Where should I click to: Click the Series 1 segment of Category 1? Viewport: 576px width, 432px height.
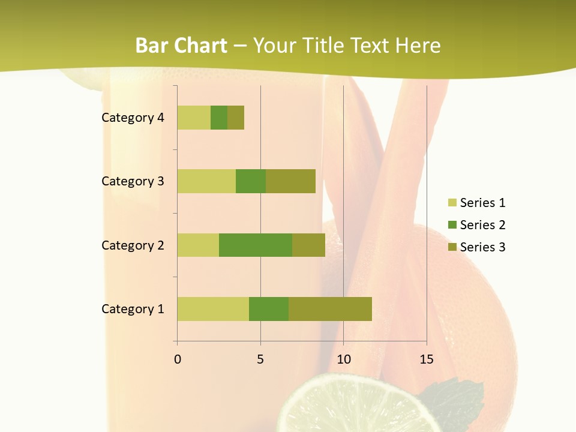(213, 309)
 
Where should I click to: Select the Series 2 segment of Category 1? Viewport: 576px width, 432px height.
(269, 309)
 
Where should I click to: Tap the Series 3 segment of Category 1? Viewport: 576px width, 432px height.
(330, 309)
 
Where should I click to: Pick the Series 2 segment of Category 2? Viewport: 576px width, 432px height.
(256, 245)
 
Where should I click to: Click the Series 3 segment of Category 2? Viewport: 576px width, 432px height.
(308, 245)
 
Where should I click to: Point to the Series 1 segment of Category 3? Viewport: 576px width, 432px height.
(206, 181)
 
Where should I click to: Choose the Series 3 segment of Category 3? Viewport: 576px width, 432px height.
(290, 181)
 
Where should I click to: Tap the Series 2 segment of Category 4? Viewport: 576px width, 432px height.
(219, 118)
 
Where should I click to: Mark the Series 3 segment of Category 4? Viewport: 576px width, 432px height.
(236, 118)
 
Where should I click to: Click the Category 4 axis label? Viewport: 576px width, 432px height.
(133, 118)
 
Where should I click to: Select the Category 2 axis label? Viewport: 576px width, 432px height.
(133, 245)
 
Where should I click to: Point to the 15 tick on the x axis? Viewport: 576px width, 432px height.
(426, 359)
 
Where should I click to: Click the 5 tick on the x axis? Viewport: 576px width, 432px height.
(260, 359)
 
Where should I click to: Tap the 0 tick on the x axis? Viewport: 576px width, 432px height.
(178, 359)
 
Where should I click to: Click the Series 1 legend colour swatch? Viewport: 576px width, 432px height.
(452, 203)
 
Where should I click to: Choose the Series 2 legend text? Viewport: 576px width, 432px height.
(482, 225)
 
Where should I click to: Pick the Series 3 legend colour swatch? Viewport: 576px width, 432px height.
(452, 247)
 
